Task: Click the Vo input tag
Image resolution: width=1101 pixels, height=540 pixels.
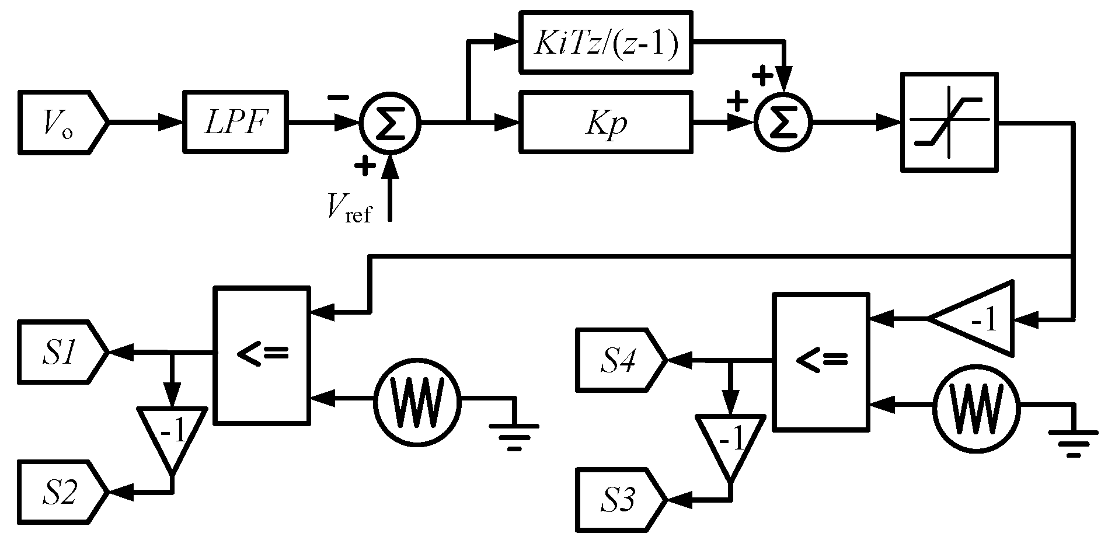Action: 61,122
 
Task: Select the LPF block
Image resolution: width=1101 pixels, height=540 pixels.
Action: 235,122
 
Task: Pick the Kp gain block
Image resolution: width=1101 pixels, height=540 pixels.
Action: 606,122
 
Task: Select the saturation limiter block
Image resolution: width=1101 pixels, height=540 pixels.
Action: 949,122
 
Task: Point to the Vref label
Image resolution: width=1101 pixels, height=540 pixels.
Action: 349,208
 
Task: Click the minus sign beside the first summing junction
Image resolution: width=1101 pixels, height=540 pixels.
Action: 338,98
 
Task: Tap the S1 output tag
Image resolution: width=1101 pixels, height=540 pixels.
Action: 61,352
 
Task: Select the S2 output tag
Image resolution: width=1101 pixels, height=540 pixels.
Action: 61,492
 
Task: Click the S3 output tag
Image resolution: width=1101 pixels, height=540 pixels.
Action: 619,500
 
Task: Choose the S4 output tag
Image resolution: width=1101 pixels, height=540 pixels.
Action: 619,360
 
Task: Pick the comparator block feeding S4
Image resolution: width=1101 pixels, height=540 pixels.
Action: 820,362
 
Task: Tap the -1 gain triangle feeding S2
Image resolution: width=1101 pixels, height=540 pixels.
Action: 172,435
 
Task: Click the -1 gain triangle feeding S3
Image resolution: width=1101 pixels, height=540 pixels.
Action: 730,442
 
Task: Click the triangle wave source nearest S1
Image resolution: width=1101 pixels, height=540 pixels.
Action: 417,399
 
